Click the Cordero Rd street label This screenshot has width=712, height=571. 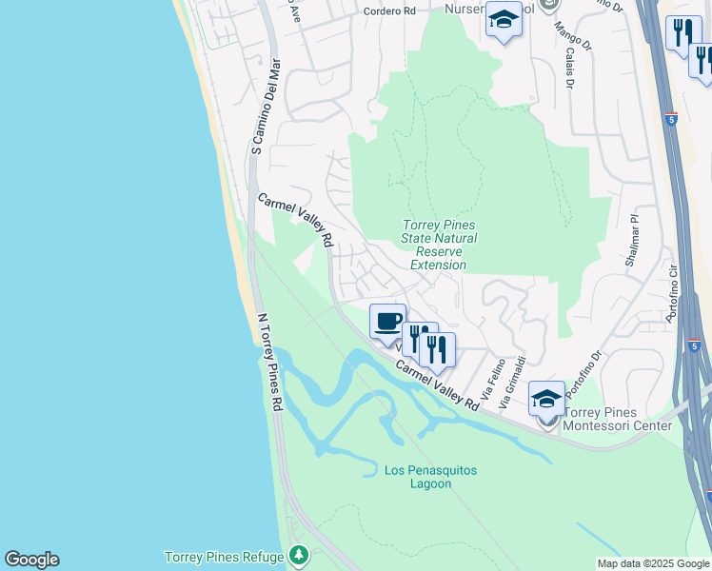click(390, 11)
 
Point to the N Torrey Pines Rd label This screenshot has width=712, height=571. click(270, 362)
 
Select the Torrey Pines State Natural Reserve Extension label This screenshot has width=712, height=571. click(439, 245)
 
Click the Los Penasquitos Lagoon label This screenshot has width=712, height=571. click(430, 477)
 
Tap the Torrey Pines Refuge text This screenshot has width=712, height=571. click(224, 557)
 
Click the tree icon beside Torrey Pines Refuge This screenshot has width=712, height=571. click(299, 554)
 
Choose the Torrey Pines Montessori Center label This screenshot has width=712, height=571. click(618, 419)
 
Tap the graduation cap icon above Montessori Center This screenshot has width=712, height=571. click(546, 399)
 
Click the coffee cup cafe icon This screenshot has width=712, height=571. click(387, 321)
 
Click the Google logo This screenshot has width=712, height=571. click(31, 560)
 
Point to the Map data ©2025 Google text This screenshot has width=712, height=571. click(653, 563)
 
